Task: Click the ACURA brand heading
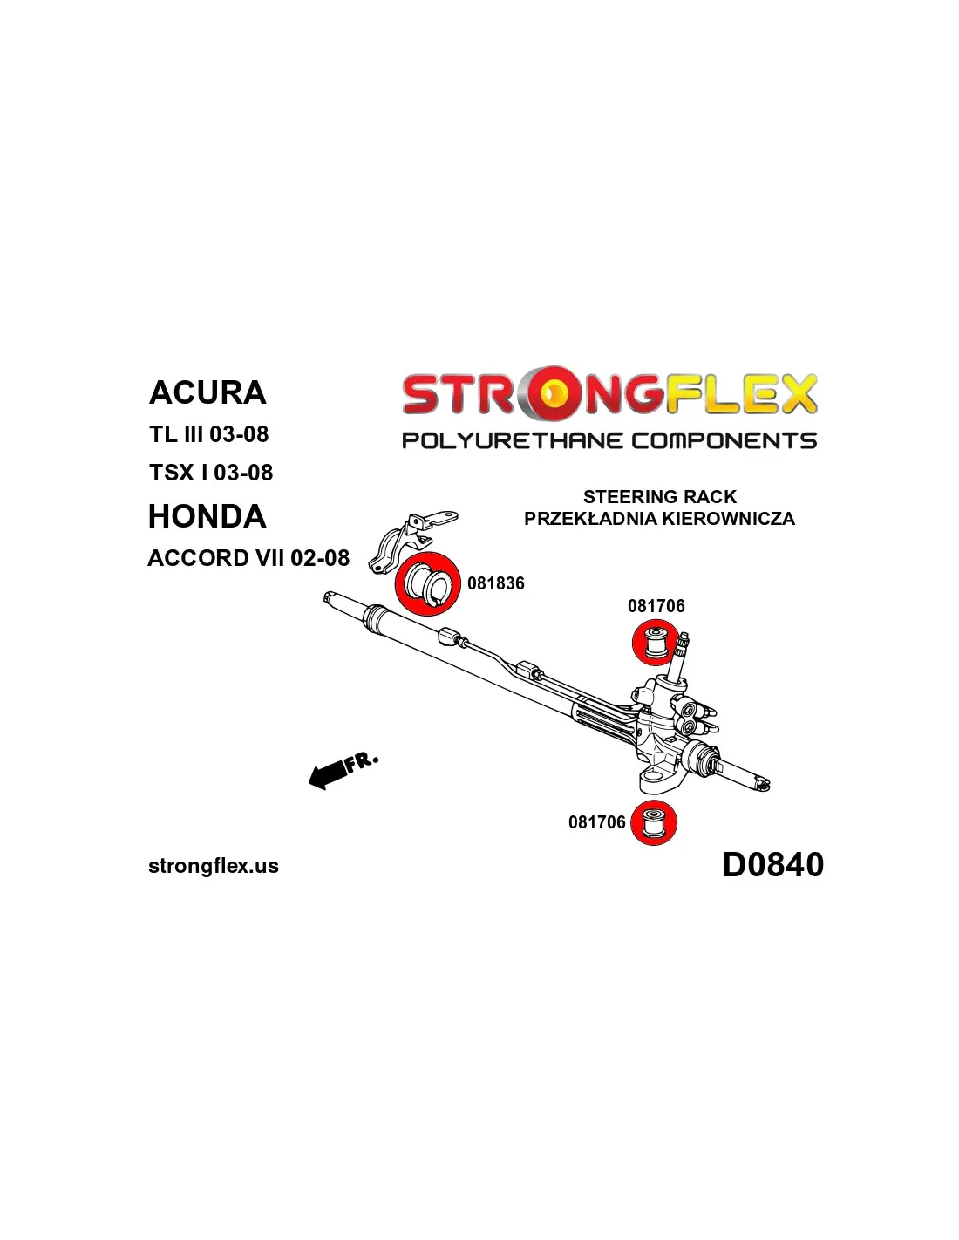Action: pyautogui.click(x=207, y=392)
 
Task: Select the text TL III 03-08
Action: pyautogui.click(x=209, y=434)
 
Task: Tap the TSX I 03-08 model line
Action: pyautogui.click(x=211, y=473)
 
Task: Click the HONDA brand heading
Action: pyautogui.click(x=207, y=516)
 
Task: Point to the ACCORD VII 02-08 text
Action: pyautogui.click(x=248, y=558)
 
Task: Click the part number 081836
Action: pyautogui.click(x=495, y=583)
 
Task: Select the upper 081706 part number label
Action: pyautogui.click(x=656, y=606)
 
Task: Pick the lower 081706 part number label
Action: pyautogui.click(x=596, y=822)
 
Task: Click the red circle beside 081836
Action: pyautogui.click(x=428, y=584)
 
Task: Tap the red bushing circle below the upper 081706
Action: pyautogui.click(x=655, y=642)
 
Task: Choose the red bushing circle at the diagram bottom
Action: pyautogui.click(x=654, y=823)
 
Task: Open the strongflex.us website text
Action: pyautogui.click(x=214, y=866)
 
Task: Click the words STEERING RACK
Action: pyautogui.click(x=659, y=497)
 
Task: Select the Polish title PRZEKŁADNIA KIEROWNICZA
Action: pyautogui.click(x=659, y=519)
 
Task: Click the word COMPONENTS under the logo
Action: pyautogui.click(x=725, y=440)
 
